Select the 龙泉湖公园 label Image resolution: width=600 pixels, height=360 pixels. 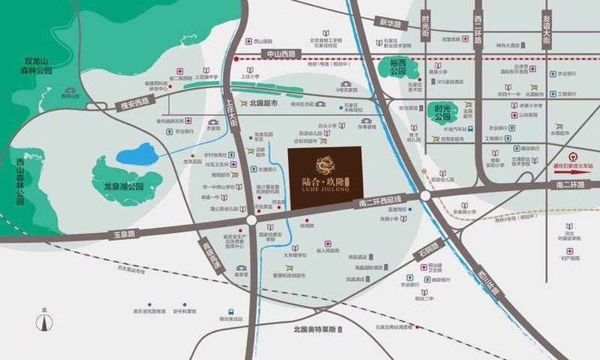pos(123,186)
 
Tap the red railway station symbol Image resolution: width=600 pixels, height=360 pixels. pos(570,158)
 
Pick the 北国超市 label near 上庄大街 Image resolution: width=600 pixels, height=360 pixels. pos(263,103)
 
